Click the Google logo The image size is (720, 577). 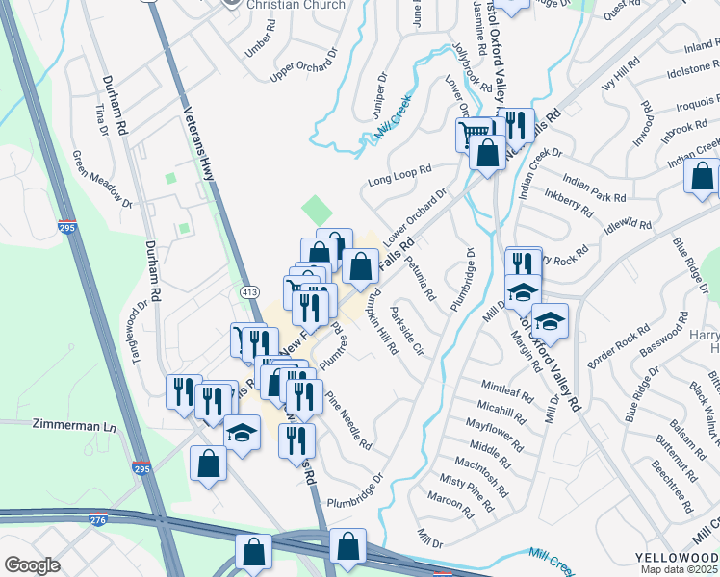coord(32,565)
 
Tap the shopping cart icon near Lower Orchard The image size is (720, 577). coord(474,134)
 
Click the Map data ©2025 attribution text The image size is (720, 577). coord(681,570)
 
